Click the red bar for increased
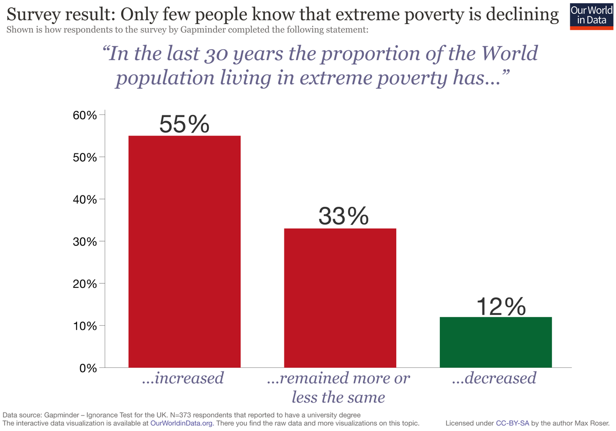click(x=184, y=251)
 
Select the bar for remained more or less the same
click(x=340, y=298)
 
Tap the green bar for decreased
click(x=496, y=342)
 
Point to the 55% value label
click(x=184, y=124)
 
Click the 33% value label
click(x=343, y=216)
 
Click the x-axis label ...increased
click(x=183, y=379)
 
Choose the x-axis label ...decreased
click(x=494, y=379)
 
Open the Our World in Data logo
click(x=592, y=15)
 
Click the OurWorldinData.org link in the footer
click(x=182, y=423)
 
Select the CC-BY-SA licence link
click(x=515, y=423)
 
